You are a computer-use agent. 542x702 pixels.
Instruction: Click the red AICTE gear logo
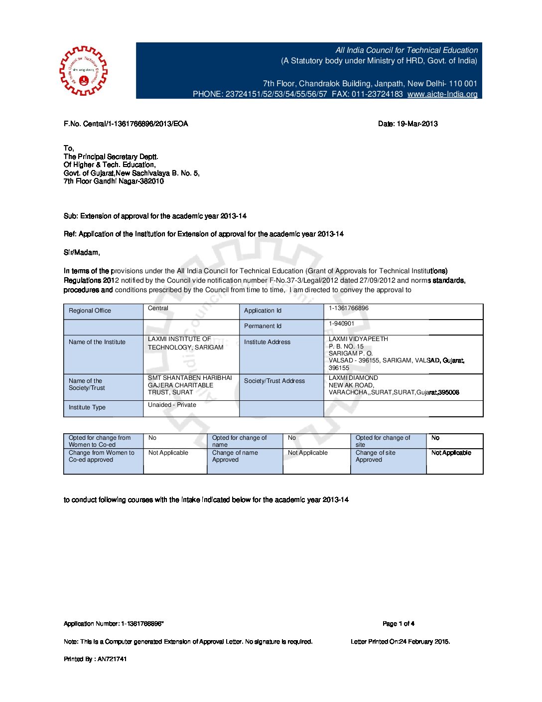pos(83,71)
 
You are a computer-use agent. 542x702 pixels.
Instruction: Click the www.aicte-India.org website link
pos(442,94)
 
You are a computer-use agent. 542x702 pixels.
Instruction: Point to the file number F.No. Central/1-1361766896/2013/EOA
pos(126,124)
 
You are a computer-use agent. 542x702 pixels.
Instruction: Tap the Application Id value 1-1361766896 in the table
pos(349,308)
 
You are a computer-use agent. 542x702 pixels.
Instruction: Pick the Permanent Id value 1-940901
pos(341,324)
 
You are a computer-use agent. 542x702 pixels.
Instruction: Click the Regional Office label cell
pos(90,311)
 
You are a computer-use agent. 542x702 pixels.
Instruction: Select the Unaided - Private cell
pos(172,405)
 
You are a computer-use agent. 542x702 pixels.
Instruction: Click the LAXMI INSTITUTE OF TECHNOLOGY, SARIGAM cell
pos(185,343)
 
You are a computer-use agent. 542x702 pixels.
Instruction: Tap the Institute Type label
pos(87,407)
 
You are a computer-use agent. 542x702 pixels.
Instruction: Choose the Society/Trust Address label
pos(274,381)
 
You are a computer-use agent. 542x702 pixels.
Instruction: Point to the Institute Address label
pos(267,342)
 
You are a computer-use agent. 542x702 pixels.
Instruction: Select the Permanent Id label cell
pos(263,326)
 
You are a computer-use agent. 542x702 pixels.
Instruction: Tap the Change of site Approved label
pos(376,456)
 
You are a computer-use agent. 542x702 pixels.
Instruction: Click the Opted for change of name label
pos(240,441)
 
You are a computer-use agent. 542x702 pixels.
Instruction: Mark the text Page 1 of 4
pos(399,624)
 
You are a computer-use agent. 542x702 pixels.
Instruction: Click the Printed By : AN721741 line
pos(95,659)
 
